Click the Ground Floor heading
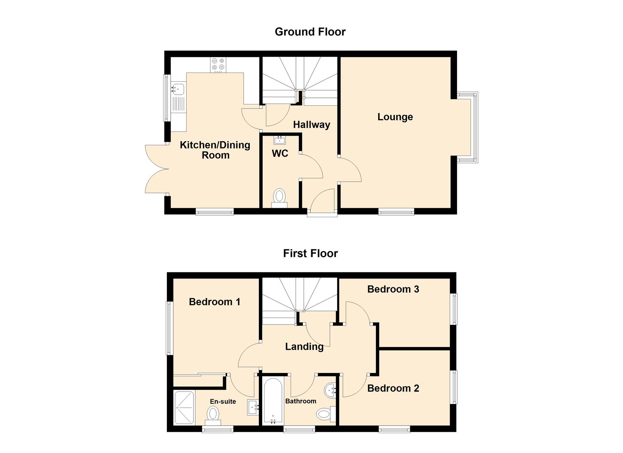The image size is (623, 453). click(310, 32)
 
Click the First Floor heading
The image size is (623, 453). click(310, 253)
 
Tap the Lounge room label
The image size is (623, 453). click(395, 117)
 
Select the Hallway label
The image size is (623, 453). click(311, 125)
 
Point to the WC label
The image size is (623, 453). click(280, 153)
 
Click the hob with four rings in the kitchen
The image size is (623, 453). click(218, 65)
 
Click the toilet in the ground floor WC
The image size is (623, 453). click(279, 198)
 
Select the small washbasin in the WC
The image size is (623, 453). click(279, 140)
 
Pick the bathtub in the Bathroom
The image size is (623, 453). click(273, 401)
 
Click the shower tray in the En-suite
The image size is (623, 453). click(184, 408)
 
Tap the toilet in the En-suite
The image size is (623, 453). click(213, 416)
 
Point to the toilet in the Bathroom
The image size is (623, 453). click(326, 414)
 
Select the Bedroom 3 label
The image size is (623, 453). click(393, 289)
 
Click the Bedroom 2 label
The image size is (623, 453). click(393, 388)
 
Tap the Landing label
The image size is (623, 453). click(304, 347)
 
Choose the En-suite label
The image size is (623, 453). click(223, 401)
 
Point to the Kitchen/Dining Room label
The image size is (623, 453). click(215, 150)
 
